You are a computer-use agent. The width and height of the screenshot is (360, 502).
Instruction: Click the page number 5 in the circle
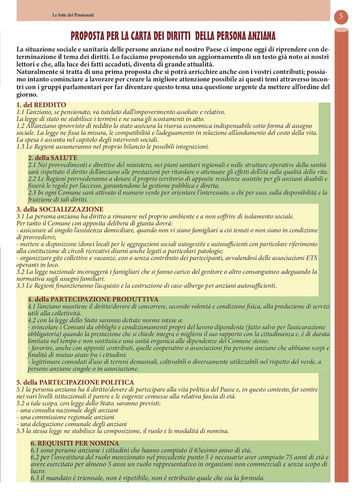tap(341, 17)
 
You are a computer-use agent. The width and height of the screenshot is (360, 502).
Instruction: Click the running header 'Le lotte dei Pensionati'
tap(73, 15)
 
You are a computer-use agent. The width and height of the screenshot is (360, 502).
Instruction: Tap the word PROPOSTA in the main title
tap(88, 36)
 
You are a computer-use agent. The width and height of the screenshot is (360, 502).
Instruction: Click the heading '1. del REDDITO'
tap(41, 105)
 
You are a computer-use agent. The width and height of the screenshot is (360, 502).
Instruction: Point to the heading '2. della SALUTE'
tap(53, 158)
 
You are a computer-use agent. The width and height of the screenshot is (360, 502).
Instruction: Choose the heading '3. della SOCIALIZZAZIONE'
tap(60, 209)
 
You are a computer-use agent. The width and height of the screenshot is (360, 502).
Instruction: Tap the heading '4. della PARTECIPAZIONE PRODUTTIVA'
tap(93, 299)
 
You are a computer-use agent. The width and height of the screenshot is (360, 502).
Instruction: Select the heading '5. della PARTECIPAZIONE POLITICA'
tap(75, 382)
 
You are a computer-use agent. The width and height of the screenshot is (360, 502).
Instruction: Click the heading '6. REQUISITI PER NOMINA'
tap(75, 443)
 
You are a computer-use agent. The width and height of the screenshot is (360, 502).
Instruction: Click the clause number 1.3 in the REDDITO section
tap(20, 147)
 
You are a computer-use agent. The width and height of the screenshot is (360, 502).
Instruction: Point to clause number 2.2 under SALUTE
tap(32, 179)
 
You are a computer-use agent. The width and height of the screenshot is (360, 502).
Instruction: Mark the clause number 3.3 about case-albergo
tap(20, 286)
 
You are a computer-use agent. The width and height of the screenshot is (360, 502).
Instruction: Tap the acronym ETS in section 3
tap(311, 258)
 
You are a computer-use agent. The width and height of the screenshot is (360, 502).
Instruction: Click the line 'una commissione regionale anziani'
tap(67, 417)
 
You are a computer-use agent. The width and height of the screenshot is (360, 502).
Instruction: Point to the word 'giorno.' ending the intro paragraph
tap(27, 94)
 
